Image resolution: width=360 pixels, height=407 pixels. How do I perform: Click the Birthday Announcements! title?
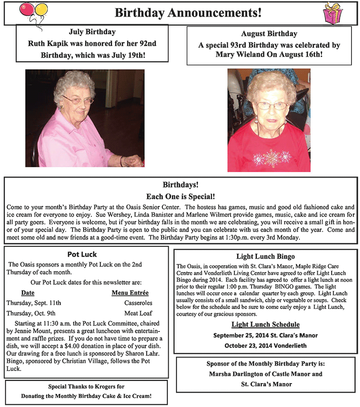click(188, 13)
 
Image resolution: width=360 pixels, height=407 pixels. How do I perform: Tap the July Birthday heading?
click(92, 32)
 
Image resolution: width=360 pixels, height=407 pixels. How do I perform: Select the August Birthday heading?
click(269, 34)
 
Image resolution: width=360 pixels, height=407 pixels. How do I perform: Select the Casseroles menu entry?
click(138, 303)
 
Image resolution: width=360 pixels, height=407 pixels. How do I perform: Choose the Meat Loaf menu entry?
click(138, 313)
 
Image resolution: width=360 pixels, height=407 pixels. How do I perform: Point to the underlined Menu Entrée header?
click(130, 292)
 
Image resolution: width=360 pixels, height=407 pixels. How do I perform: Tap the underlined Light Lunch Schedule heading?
click(265, 324)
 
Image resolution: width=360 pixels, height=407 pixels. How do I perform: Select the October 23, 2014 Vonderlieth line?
click(265, 345)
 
